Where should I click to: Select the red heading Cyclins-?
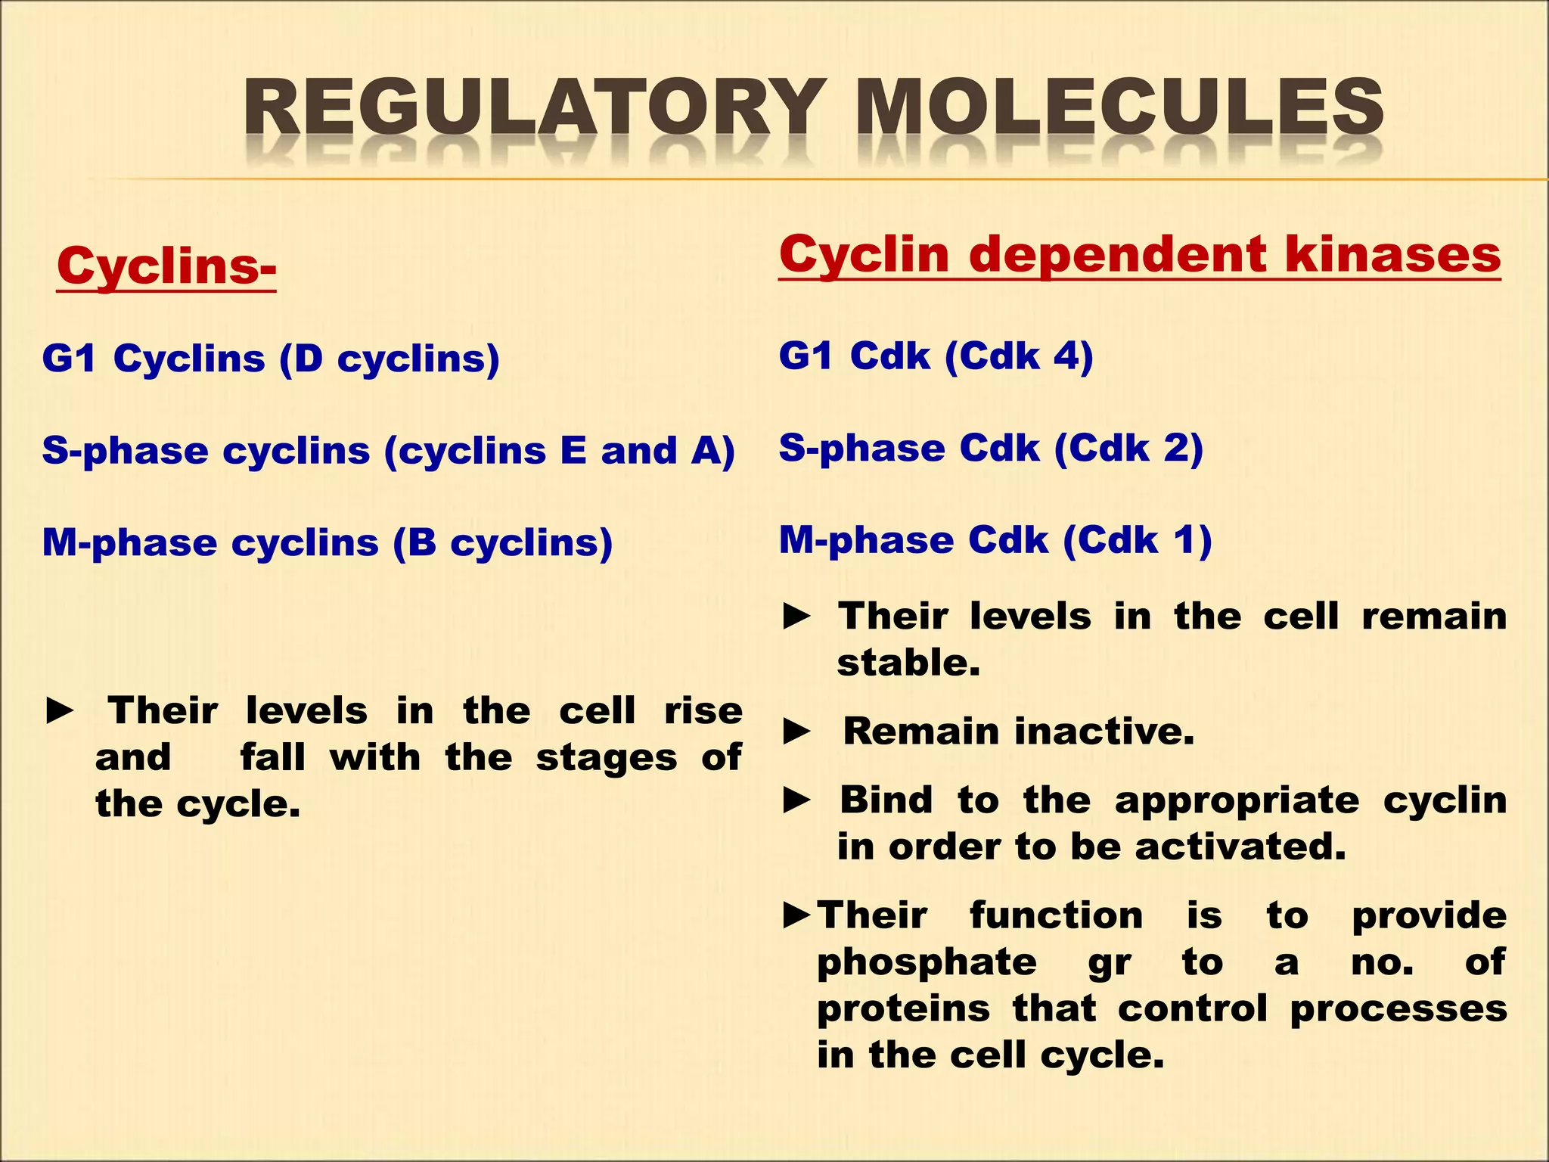click(166, 266)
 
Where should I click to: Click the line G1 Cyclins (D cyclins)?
click(271, 359)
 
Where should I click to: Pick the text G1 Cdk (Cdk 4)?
click(936, 356)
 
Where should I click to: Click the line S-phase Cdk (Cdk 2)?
click(991, 449)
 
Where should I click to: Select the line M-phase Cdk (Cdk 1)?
click(995, 540)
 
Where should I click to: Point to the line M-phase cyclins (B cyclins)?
click(327, 543)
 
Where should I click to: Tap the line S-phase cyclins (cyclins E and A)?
click(388, 451)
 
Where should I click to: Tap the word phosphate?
click(927, 962)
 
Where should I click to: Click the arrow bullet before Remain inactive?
click(797, 732)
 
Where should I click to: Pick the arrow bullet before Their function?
click(797, 916)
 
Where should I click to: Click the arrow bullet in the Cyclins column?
click(60, 711)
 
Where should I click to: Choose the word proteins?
click(903, 1008)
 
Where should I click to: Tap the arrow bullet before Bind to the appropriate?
click(797, 800)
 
